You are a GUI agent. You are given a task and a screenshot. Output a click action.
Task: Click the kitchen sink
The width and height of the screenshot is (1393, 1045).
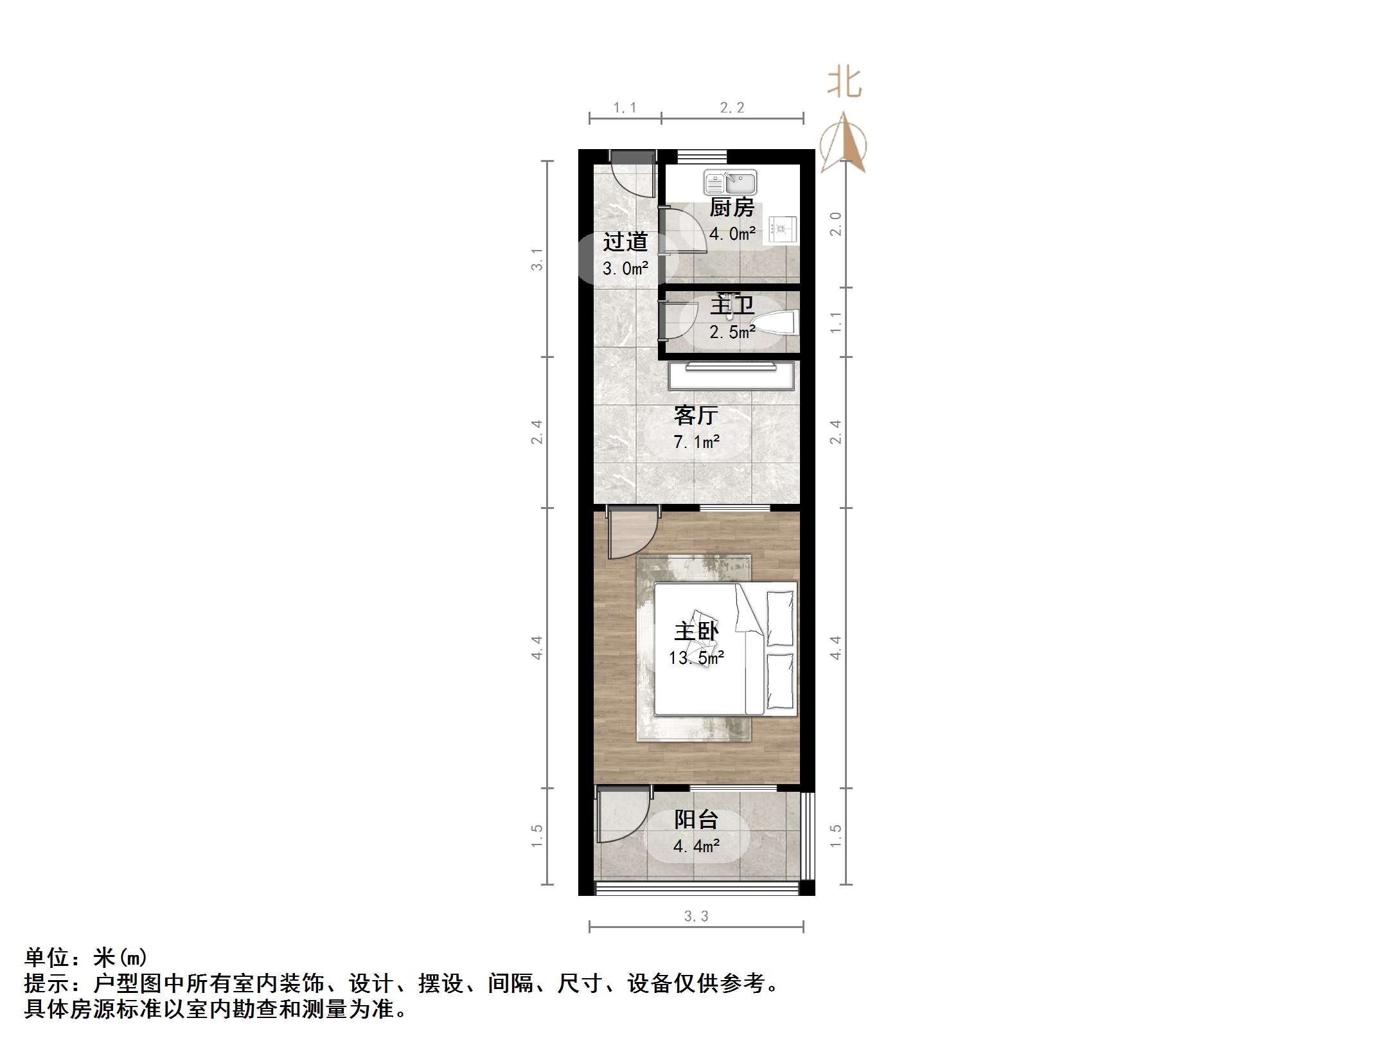click(x=730, y=183)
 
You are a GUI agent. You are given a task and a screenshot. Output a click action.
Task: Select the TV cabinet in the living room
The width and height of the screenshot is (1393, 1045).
click(x=731, y=376)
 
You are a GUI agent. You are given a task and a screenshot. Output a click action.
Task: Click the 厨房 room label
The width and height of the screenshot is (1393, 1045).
click(x=732, y=208)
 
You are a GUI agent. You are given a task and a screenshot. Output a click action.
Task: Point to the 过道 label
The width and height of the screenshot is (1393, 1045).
click(x=625, y=242)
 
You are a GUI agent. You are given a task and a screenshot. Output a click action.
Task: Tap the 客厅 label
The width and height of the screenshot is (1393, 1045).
click(x=696, y=415)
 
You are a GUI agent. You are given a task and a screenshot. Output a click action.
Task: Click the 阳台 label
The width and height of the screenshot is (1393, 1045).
click(x=696, y=819)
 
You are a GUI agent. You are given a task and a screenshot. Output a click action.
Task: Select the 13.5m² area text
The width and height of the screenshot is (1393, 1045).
click(x=696, y=657)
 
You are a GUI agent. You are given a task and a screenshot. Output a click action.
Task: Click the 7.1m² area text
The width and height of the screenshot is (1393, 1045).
click(x=696, y=442)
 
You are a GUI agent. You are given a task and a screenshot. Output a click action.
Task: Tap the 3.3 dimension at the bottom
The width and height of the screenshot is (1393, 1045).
click(x=696, y=916)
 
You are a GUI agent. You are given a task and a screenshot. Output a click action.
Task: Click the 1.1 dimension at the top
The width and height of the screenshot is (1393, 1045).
click(x=625, y=108)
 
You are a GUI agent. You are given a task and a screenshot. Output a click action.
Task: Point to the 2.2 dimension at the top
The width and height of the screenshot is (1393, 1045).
click(x=732, y=108)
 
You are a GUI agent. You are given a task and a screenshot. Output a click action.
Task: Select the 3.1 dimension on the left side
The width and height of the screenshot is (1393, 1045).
click(x=537, y=259)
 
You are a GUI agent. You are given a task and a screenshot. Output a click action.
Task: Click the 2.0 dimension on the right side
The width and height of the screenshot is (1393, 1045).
click(x=835, y=224)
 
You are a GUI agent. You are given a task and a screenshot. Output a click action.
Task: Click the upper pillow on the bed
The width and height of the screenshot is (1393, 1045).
click(x=780, y=617)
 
